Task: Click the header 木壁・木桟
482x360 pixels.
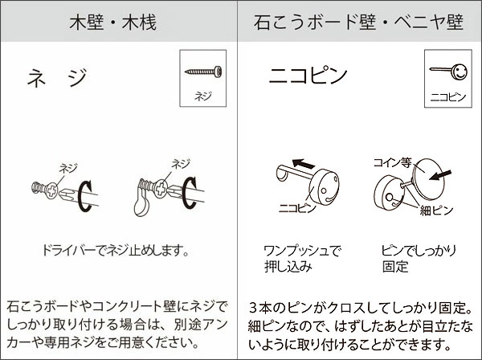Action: pos(118,22)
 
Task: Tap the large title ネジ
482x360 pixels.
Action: pos(56,78)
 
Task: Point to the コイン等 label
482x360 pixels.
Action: pos(391,162)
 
